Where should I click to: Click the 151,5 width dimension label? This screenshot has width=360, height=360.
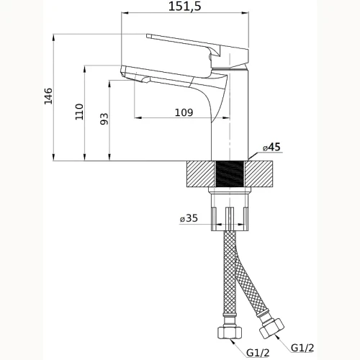(x=184, y=6)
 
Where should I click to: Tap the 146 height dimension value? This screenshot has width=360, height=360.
(x=48, y=96)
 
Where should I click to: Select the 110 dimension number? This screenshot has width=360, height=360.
(x=79, y=112)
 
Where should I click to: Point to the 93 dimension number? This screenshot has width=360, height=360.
(x=104, y=119)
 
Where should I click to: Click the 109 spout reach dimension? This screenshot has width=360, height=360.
(x=184, y=112)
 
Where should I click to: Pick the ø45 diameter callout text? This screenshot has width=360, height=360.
(x=271, y=147)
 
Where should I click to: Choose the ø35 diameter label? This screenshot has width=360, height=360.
(x=189, y=218)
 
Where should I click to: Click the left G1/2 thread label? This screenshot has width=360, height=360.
(x=258, y=353)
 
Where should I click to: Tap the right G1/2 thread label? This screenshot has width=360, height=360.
(x=302, y=348)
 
